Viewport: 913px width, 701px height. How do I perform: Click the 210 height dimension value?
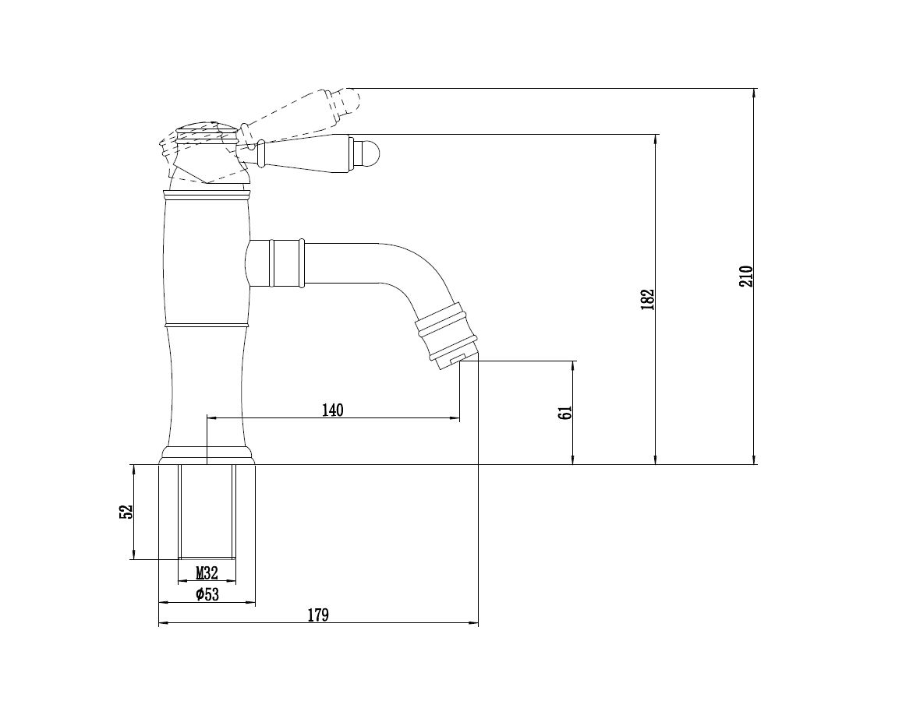[x=746, y=276]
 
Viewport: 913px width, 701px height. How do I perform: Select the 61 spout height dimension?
[x=567, y=412]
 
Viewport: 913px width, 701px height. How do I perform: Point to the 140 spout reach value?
[x=333, y=410]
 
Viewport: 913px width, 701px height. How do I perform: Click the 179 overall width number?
[x=318, y=615]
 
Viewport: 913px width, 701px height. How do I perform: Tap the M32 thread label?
[x=207, y=573]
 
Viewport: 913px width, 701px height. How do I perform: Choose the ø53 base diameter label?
[x=207, y=595]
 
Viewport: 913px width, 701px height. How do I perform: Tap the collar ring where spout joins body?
[x=285, y=264]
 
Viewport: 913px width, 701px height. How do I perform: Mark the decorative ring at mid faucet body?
[x=207, y=322]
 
